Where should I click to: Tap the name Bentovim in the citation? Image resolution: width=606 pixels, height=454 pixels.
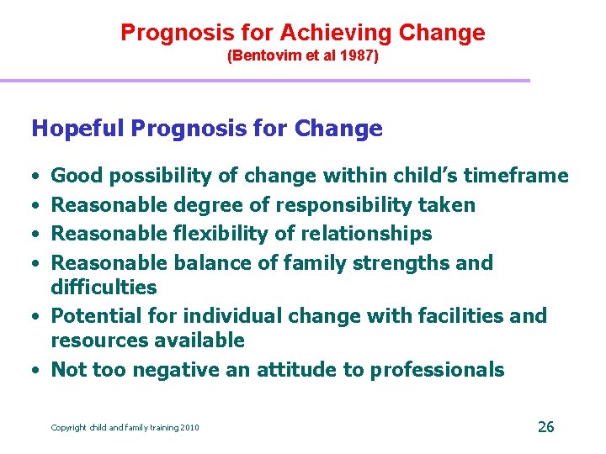(x=265, y=58)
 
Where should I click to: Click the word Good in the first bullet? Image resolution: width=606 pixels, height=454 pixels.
(x=77, y=176)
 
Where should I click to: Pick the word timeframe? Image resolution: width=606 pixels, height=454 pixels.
(x=516, y=176)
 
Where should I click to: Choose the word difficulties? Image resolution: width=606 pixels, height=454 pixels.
(x=104, y=288)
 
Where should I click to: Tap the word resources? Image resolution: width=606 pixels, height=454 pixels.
(x=99, y=340)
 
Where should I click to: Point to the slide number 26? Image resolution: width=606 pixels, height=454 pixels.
(x=545, y=427)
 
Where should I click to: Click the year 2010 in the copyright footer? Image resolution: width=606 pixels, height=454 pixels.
(x=189, y=428)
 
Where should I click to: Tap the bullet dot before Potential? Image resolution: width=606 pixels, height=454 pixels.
(x=39, y=317)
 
